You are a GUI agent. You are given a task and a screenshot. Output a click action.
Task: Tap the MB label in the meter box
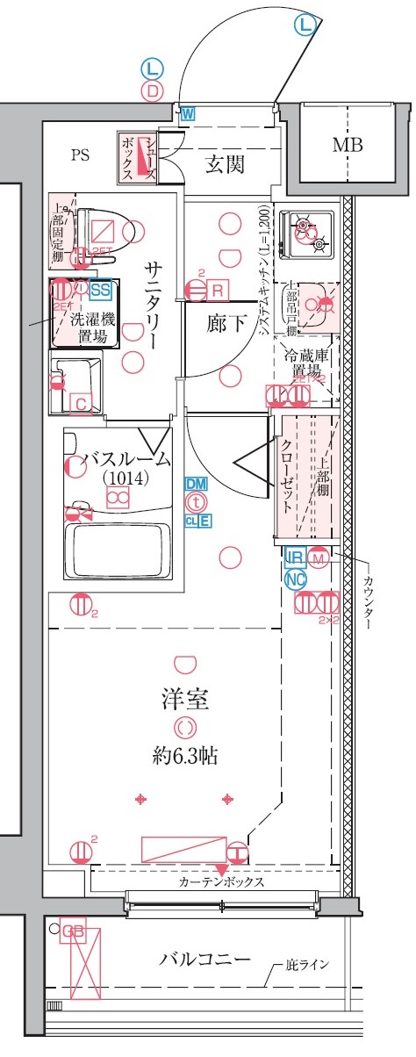(348, 145)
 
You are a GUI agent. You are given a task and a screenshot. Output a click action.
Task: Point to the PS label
(81, 155)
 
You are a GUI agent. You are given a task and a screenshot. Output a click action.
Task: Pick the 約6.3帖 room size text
(185, 753)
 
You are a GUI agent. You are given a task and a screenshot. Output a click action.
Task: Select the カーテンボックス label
(221, 882)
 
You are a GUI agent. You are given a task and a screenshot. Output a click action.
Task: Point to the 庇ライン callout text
(306, 966)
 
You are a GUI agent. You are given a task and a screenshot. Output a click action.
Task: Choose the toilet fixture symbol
(114, 230)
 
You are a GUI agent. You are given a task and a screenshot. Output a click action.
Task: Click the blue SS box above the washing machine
(102, 288)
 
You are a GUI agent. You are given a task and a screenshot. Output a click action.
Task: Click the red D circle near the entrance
(152, 90)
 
